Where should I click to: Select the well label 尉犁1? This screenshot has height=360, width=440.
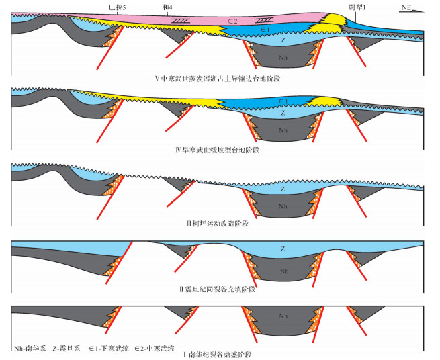pos(357,6)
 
